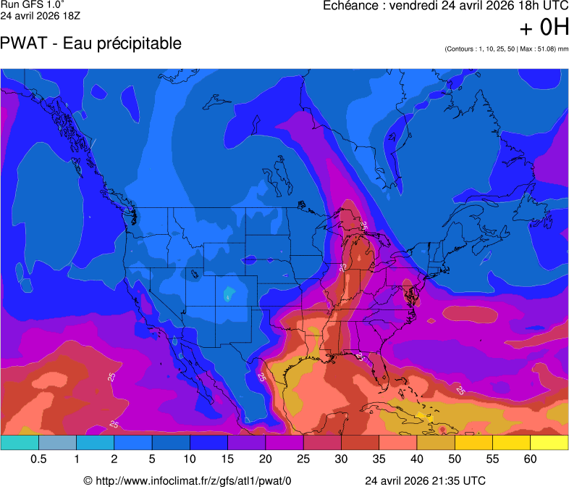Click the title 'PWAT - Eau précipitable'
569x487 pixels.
[91, 43]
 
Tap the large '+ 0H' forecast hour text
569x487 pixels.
[544, 28]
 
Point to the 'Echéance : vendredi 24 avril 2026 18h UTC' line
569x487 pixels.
[444, 7]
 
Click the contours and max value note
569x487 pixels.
[506, 49]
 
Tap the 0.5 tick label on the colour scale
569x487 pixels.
[38, 459]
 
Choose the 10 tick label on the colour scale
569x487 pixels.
[190, 459]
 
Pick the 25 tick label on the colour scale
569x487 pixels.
[303, 459]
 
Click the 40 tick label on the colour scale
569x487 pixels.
[417, 459]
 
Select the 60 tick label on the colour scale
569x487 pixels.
[531, 459]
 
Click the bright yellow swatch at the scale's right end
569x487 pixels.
[549, 441]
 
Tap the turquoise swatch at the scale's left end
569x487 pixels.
[20, 441]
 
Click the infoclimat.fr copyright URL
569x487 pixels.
[187, 480]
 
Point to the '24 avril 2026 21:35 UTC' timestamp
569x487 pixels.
[425, 480]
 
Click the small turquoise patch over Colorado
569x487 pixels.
[229, 294]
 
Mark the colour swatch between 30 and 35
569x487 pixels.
[360, 441]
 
